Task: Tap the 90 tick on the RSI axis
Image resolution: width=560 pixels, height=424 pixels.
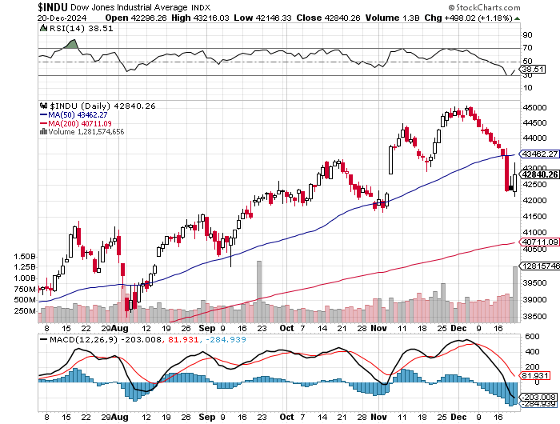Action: point(527,35)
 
